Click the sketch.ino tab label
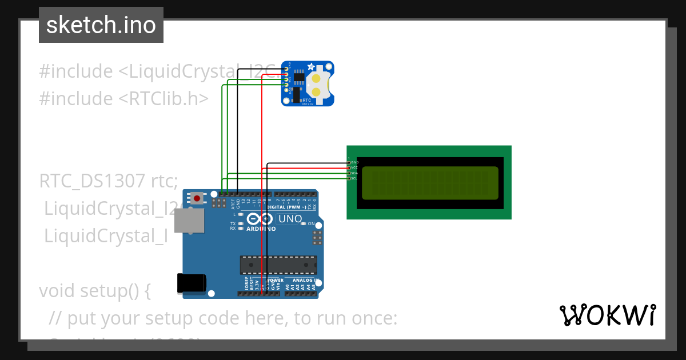(x=101, y=25)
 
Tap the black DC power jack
(x=192, y=283)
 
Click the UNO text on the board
(x=290, y=219)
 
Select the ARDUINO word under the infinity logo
(x=261, y=229)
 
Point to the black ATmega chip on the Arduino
(x=278, y=265)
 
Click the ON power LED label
(x=312, y=223)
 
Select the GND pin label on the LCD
(x=354, y=162)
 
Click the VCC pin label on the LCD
(x=354, y=167)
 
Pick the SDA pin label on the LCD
(x=354, y=173)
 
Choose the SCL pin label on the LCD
(x=354, y=178)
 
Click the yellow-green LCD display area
(x=430, y=182)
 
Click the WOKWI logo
(x=608, y=315)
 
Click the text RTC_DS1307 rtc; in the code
(x=109, y=182)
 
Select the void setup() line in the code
(x=95, y=290)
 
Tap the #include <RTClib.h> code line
(x=124, y=98)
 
